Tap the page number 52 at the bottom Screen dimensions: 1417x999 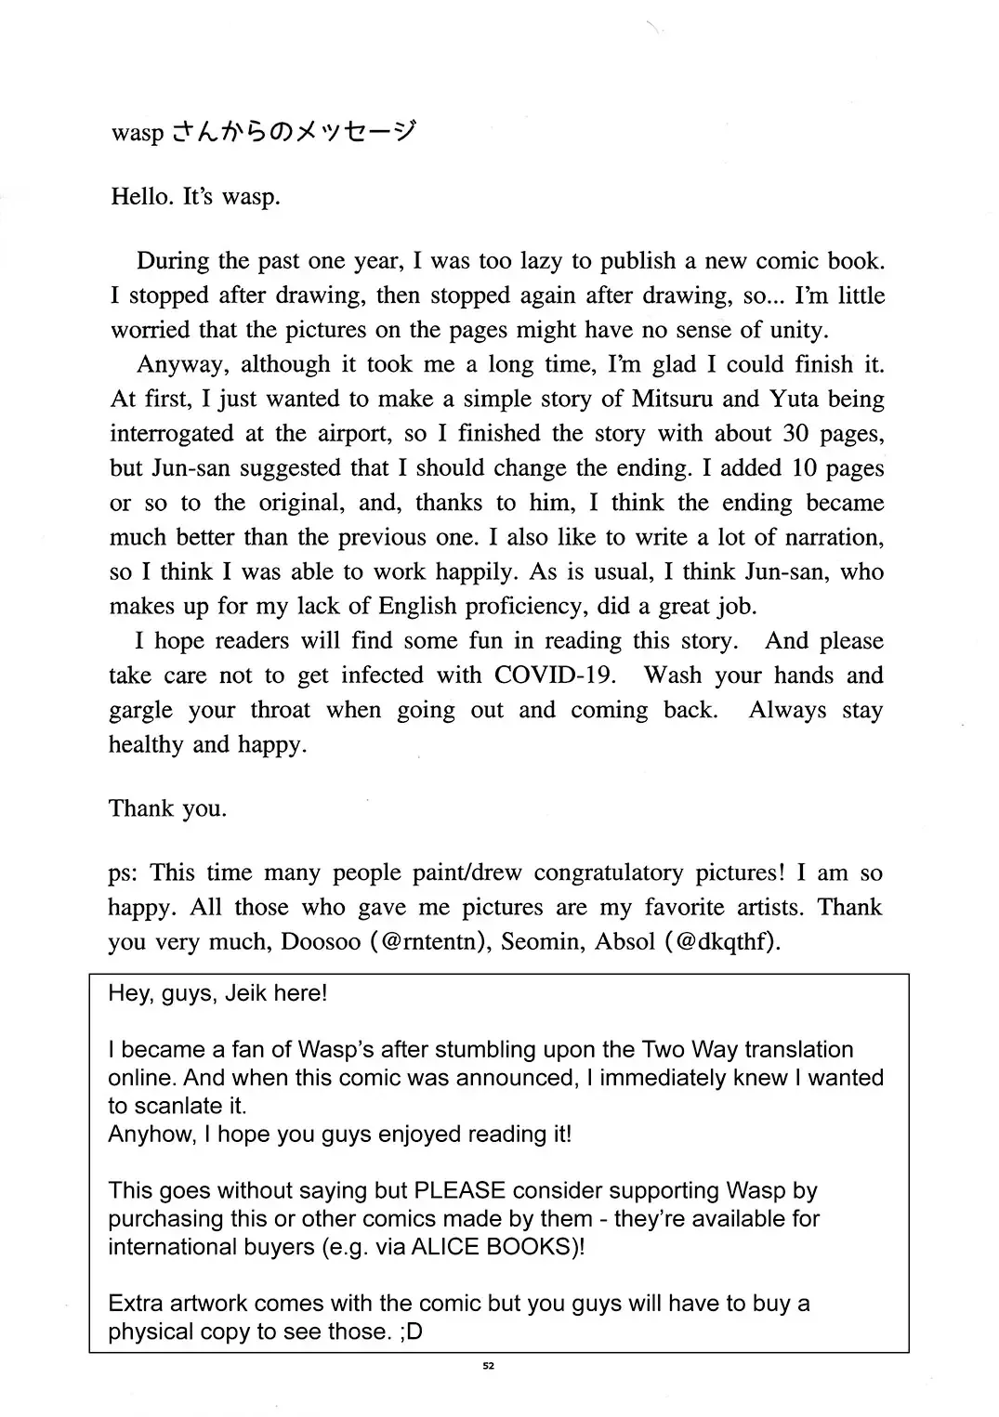click(x=489, y=1366)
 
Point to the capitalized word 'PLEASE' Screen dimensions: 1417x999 click(x=459, y=1190)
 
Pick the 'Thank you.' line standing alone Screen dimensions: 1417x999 click(x=167, y=808)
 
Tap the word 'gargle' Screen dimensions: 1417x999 click(x=140, y=710)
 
